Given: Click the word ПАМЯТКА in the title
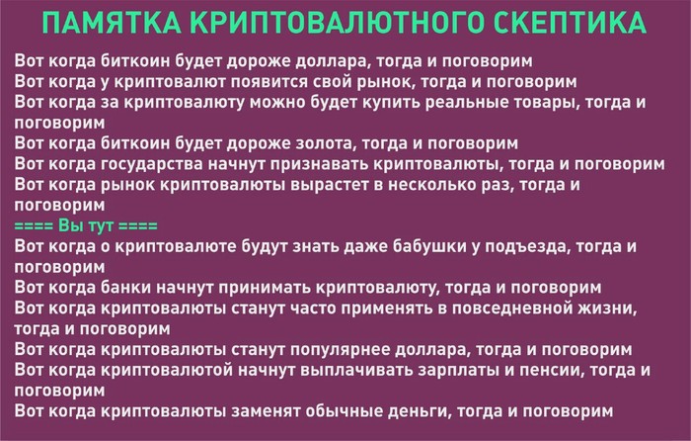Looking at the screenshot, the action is coord(112,23).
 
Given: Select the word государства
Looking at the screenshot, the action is coord(151,164).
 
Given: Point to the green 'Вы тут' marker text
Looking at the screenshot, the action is coord(86,225).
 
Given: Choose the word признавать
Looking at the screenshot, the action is coord(321,164).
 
